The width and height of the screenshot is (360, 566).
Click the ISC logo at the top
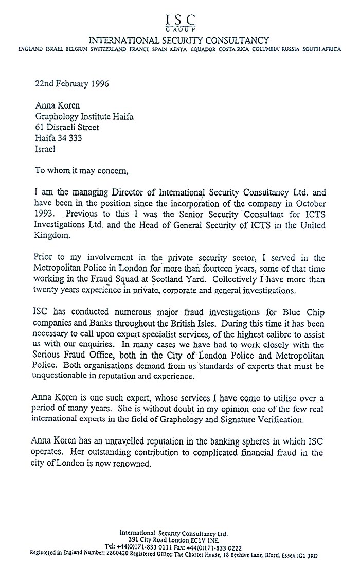[180, 22]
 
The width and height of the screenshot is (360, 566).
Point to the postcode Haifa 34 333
[58, 138]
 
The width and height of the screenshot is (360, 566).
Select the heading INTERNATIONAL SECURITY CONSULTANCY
[179, 40]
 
